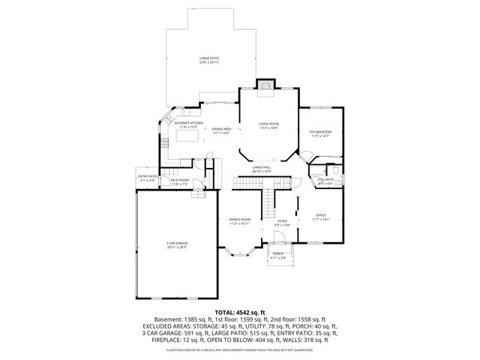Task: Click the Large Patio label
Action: (209, 60)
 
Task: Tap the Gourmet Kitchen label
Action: (189, 124)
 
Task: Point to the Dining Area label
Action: (220, 130)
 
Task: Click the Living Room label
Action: (269, 125)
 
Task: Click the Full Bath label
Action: (325, 181)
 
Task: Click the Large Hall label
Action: (261, 169)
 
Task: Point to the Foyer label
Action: (282, 223)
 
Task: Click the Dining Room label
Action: (239, 221)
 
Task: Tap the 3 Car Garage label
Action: (177, 244)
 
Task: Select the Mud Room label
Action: (178, 182)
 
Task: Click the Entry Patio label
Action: (146, 178)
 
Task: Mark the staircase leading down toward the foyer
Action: (266, 201)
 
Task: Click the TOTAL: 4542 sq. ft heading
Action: (239, 311)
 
